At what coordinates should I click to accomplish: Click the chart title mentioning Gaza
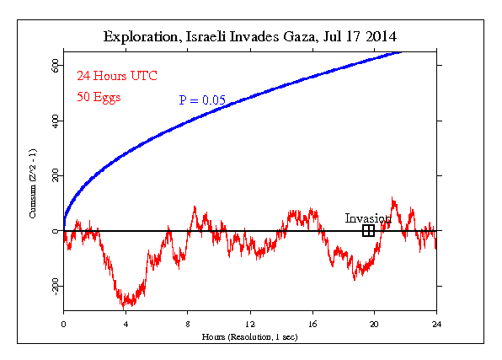249,37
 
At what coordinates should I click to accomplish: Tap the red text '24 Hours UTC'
117,76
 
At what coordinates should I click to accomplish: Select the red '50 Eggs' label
99,97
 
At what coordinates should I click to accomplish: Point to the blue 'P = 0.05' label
202,100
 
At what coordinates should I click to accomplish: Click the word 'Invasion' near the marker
368,218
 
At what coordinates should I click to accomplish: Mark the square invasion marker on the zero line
368,230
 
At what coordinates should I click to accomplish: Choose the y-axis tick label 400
56,121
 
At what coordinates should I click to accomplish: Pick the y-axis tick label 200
56,175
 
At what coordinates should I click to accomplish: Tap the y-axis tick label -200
56,286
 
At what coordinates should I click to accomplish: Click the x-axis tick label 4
125,324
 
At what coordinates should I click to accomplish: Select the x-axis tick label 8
188,324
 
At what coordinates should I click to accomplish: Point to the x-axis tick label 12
250,324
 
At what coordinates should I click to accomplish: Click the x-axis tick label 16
312,324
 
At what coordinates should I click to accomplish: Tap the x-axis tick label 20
374,324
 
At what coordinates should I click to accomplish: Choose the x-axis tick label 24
436,324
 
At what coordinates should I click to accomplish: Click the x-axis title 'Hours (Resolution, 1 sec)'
249,337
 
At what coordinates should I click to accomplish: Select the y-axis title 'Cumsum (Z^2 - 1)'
33,184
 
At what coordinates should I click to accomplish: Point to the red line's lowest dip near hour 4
124,309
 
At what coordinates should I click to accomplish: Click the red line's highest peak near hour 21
393,197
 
